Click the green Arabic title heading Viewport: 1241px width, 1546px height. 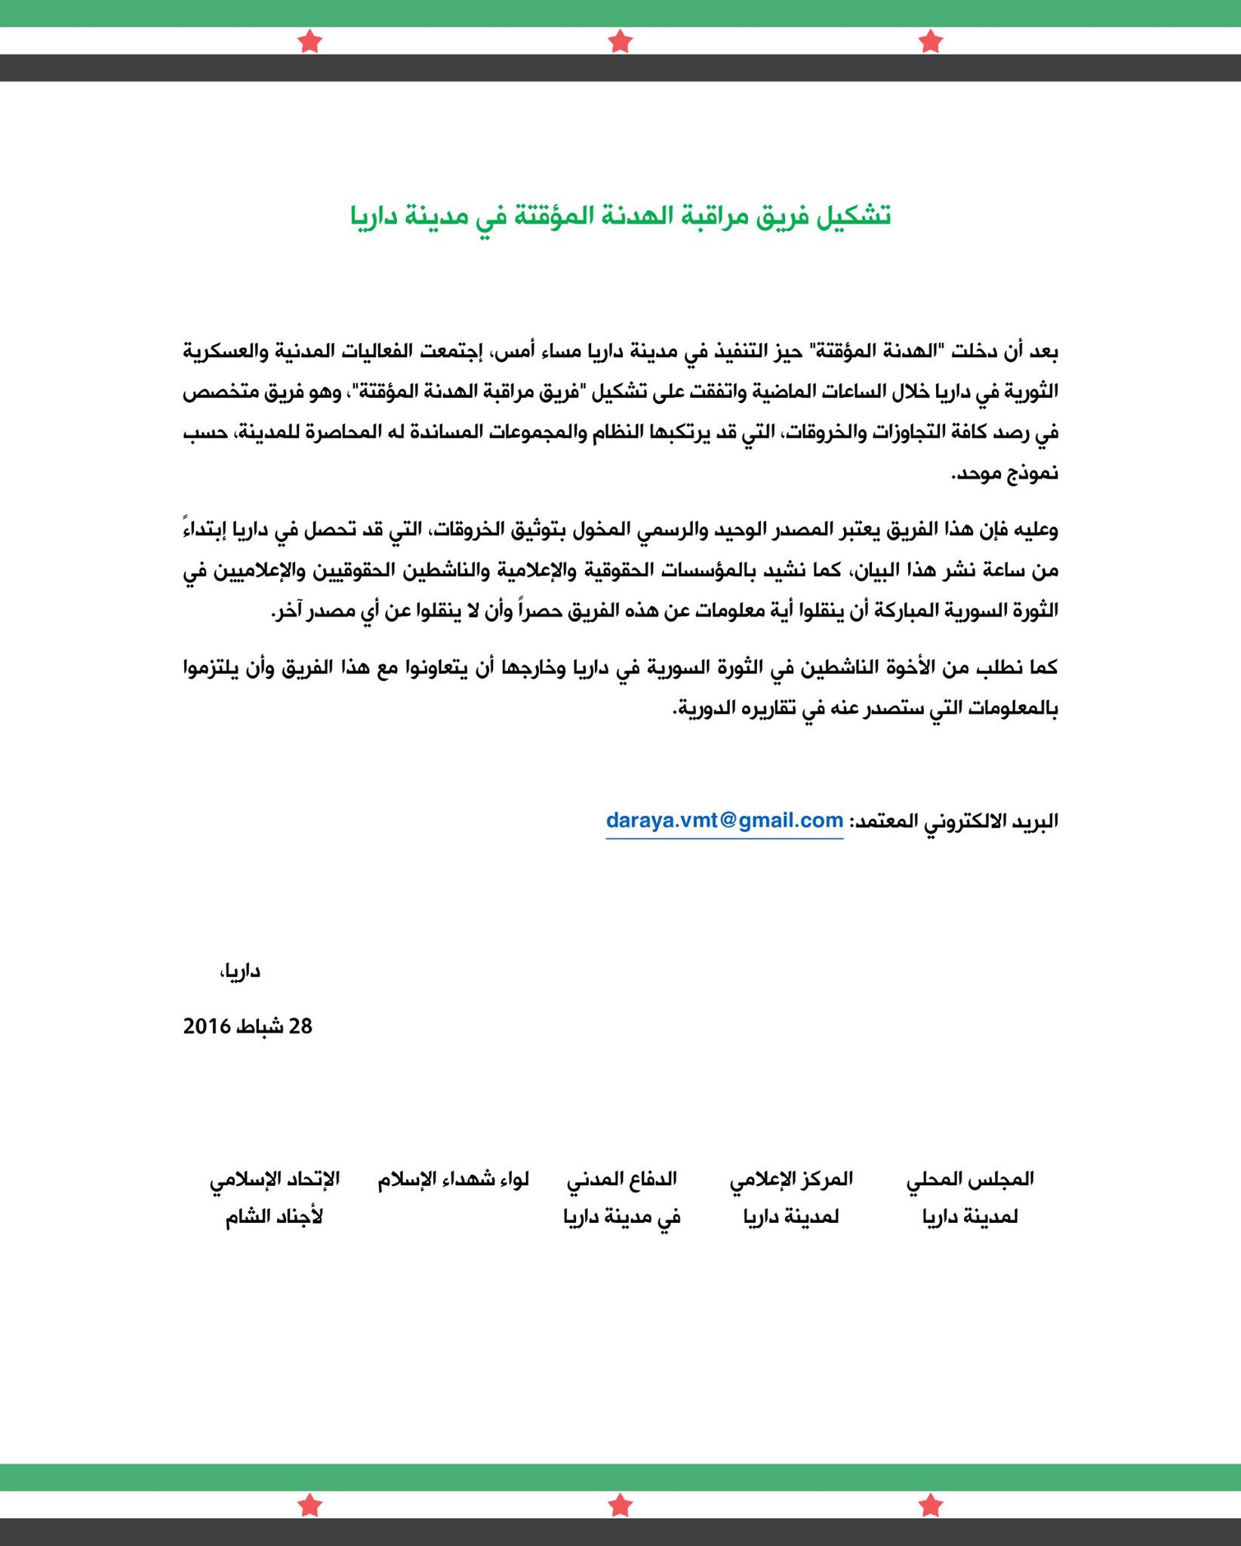[620, 216]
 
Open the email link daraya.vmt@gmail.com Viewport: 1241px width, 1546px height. [724, 821]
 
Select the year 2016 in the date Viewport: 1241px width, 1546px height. [206, 1026]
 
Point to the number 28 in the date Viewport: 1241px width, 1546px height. [300, 1026]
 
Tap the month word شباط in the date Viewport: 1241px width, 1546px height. [261, 1026]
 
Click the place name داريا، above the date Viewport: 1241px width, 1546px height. [240, 972]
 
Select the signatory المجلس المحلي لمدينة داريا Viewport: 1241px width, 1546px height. [970, 1198]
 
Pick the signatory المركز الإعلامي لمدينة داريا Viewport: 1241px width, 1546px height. [791, 1198]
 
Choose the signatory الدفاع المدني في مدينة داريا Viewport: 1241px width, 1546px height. [622, 1198]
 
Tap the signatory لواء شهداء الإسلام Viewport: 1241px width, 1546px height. [454, 1179]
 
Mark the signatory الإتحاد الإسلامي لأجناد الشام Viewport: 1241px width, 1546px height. [275, 1198]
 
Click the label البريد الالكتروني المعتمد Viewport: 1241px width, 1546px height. [954, 821]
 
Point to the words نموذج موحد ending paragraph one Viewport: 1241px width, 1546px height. [1005, 474]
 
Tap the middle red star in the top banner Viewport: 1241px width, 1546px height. [620, 41]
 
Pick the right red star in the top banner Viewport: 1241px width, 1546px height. [932, 41]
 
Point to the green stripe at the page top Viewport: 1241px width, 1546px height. [620, 13]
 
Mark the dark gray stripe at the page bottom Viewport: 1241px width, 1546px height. [620, 1532]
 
